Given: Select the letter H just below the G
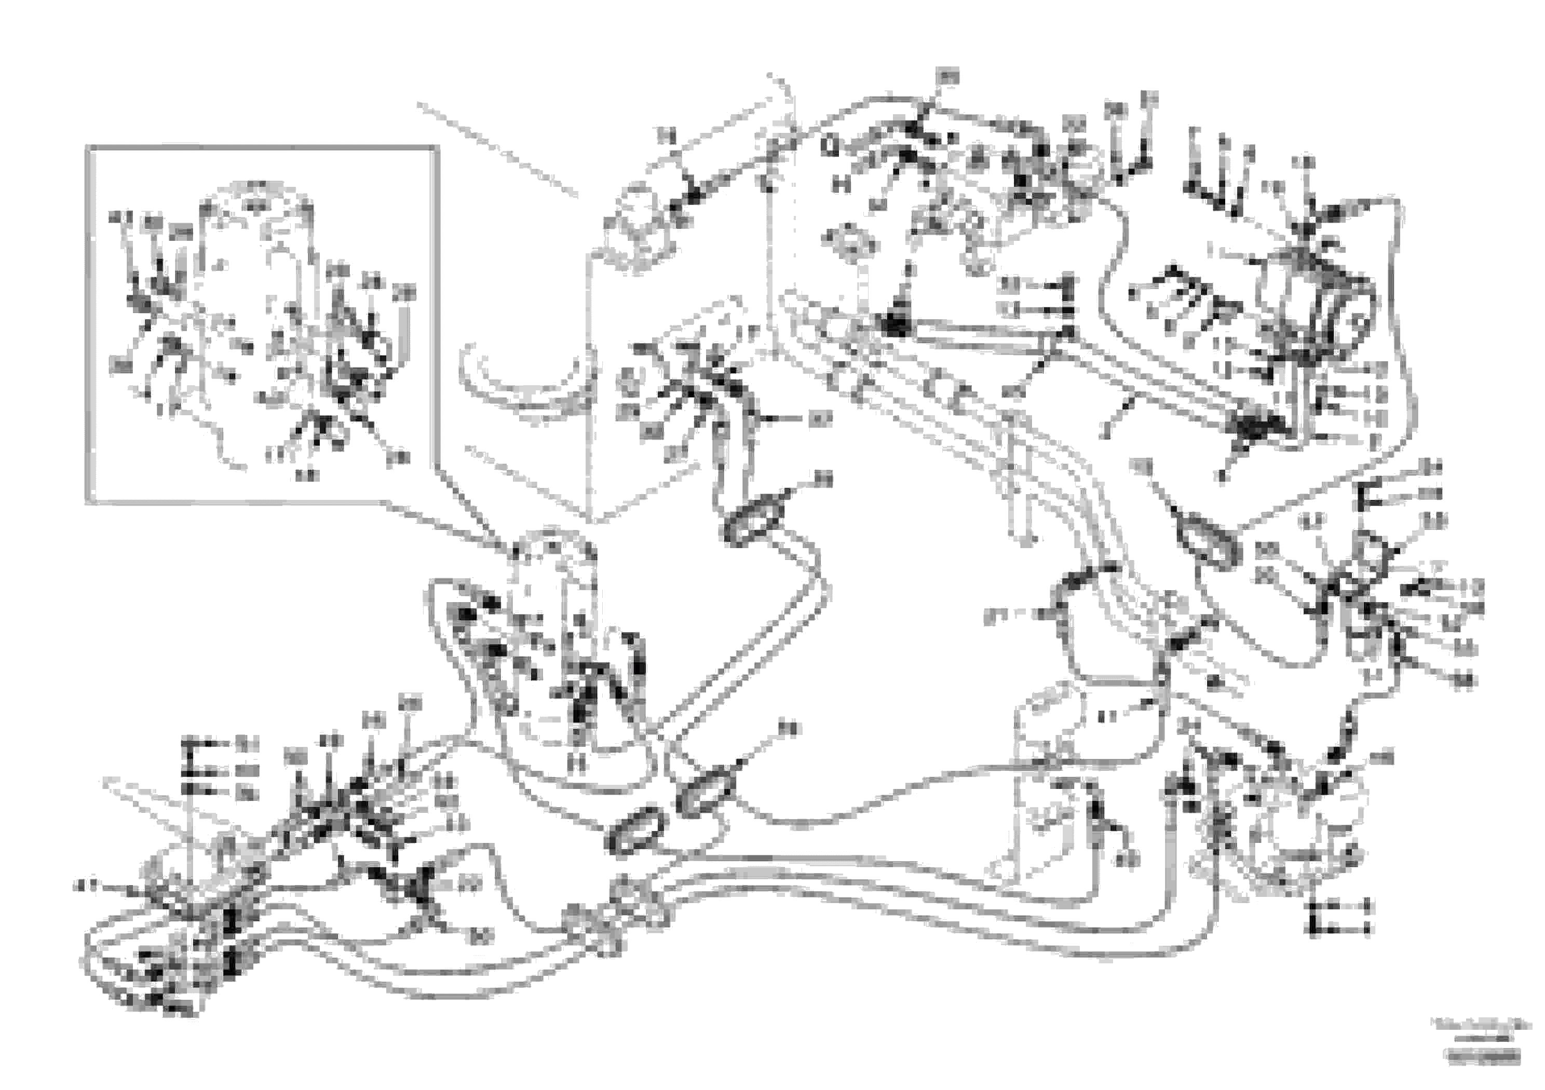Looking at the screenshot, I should coord(840,183).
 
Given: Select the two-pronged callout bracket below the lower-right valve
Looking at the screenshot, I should coord(1312,917).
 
